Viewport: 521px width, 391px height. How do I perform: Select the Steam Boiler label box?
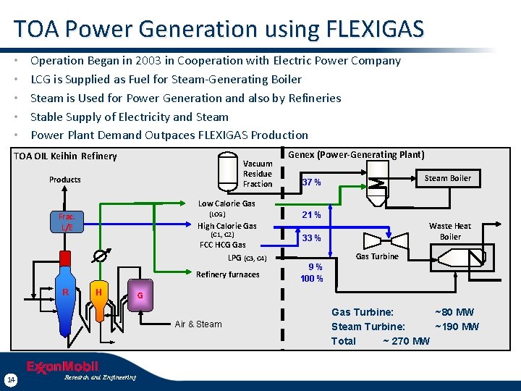tap(447, 178)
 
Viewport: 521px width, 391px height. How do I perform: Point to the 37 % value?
tap(312, 182)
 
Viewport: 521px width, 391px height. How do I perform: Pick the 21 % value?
tap(312, 215)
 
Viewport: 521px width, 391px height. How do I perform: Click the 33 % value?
tap(312, 238)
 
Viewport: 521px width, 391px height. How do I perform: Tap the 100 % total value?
tap(312, 279)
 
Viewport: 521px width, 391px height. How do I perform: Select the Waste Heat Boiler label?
tap(449, 231)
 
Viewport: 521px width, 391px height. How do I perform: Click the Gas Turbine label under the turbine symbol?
tap(377, 256)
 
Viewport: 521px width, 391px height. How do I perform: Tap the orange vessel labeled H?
tap(98, 292)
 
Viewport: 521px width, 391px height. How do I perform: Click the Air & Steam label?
tap(198, 324)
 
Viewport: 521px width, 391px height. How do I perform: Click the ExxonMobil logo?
tap(62, 366)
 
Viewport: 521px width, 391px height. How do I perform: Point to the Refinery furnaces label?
tap(227, 274)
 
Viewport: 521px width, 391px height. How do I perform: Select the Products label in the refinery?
tap(65, 180)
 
